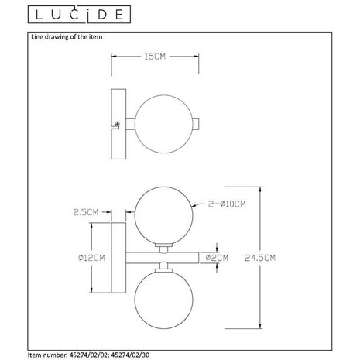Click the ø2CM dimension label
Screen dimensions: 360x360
click(x=221, y=257)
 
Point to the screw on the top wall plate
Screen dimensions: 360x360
click(x=118, y=125)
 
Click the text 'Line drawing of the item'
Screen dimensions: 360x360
click(x=66, y=36)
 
